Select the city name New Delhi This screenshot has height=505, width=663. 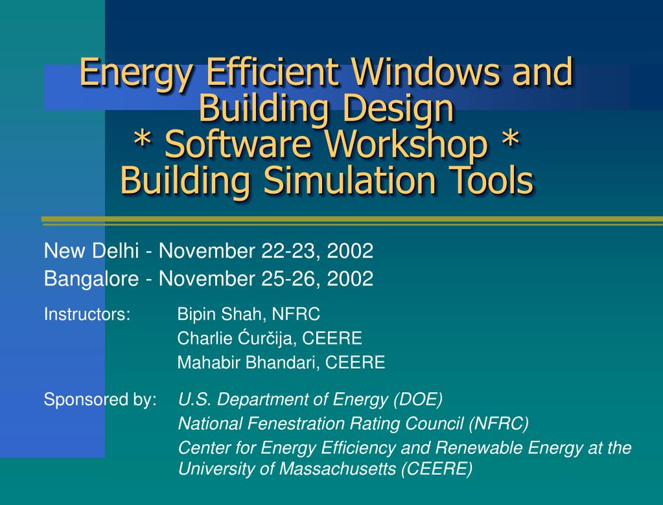click(x=91, y=251)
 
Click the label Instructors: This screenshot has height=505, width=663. click(x=87, y=314)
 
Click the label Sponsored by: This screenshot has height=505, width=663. click(x=100, y=400)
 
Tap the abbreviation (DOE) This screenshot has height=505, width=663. click(x=418, y=399)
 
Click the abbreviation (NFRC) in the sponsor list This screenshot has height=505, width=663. click(x=498, y=424)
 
